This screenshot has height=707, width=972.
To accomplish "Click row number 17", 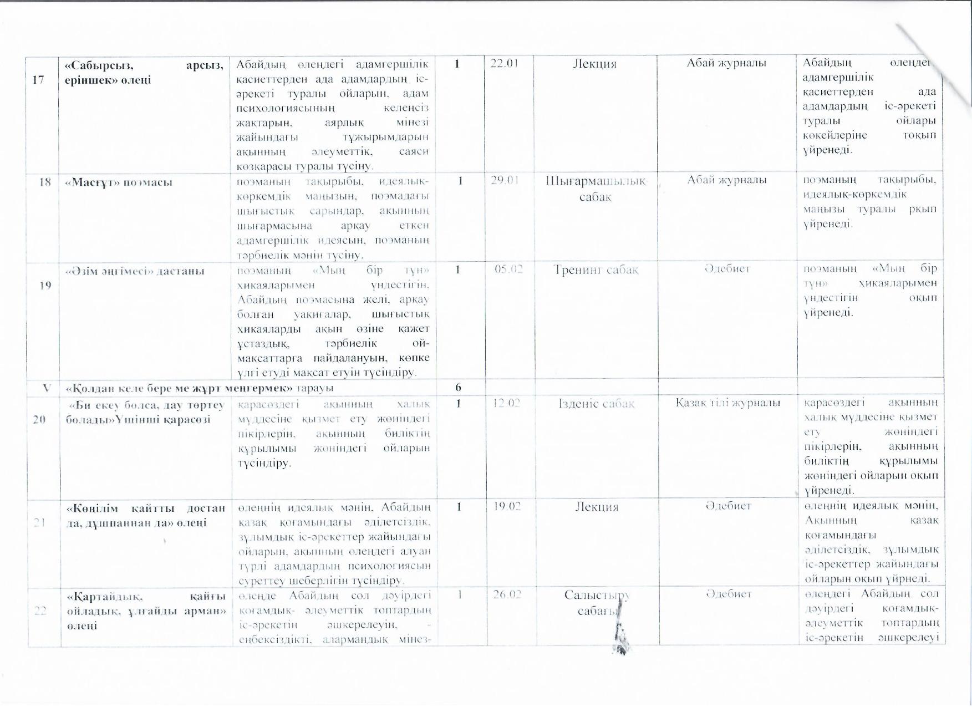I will pyautogui.click(x=38, y=80).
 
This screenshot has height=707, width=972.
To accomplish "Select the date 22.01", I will pyautogui.click(x=504, y=63).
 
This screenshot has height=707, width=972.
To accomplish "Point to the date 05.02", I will pyautogui.click(x=509, y=269).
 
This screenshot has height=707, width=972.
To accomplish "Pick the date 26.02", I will pyautogui.click(x=506, y=594).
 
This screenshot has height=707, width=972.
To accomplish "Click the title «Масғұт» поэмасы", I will pyautogui.click(x=119, y=182).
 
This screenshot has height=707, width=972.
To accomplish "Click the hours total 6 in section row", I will pyautogui.click(x=458, y=386).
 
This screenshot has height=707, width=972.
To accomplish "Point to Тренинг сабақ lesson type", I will pyautogui.click(x=596, y=270).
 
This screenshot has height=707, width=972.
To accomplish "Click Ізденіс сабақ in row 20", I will pyautogui.click(x=597, y=404).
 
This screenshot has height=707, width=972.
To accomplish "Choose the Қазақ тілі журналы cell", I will pyautogui.click(x=727, y=403).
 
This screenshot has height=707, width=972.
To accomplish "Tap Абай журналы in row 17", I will pyautogui.click(x=726, y=63).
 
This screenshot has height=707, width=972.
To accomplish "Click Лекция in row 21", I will pyautogui.click(x=596, y=506).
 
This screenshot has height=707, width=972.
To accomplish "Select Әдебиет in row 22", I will pyautogui.click(x=728, y=594).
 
